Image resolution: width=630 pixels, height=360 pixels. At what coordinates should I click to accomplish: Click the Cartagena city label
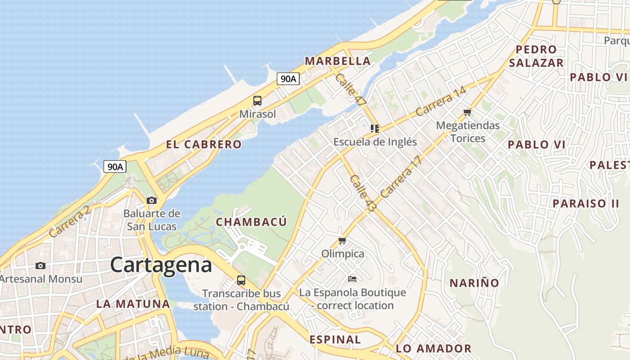point(161,265)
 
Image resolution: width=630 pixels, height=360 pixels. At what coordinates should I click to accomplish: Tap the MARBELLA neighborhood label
point(337,61)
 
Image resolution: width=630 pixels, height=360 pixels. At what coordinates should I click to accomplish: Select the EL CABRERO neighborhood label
point(204,144)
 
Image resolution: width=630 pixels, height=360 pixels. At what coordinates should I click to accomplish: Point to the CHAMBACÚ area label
point(251,222)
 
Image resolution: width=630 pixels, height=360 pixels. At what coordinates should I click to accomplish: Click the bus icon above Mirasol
point(257,101)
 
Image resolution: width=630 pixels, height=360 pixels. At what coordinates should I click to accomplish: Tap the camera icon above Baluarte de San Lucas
point(152,200)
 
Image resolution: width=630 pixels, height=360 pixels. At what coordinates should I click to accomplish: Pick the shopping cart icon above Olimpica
point(342,241)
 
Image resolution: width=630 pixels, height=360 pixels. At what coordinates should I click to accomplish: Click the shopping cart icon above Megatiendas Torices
point(468,112)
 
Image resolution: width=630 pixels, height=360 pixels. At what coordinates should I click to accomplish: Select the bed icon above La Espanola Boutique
point(352,279)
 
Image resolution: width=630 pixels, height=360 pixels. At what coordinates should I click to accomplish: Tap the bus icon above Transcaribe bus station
point(241,280)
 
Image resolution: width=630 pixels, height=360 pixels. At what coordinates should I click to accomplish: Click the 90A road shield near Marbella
point(288,79)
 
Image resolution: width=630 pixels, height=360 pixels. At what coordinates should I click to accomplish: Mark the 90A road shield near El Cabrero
point(115,167)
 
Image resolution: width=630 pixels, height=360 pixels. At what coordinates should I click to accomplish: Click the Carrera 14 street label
point(441,102)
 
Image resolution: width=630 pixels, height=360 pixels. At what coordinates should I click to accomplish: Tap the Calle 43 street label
point(363,194)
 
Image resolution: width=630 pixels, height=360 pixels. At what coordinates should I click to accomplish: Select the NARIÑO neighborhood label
point(474,283)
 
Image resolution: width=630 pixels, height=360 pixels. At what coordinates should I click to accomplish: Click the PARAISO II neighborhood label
point(586,203)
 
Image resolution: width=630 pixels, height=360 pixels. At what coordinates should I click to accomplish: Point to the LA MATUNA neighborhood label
point(133,304)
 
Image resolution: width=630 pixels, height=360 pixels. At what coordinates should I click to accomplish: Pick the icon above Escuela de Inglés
point(375,129)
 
